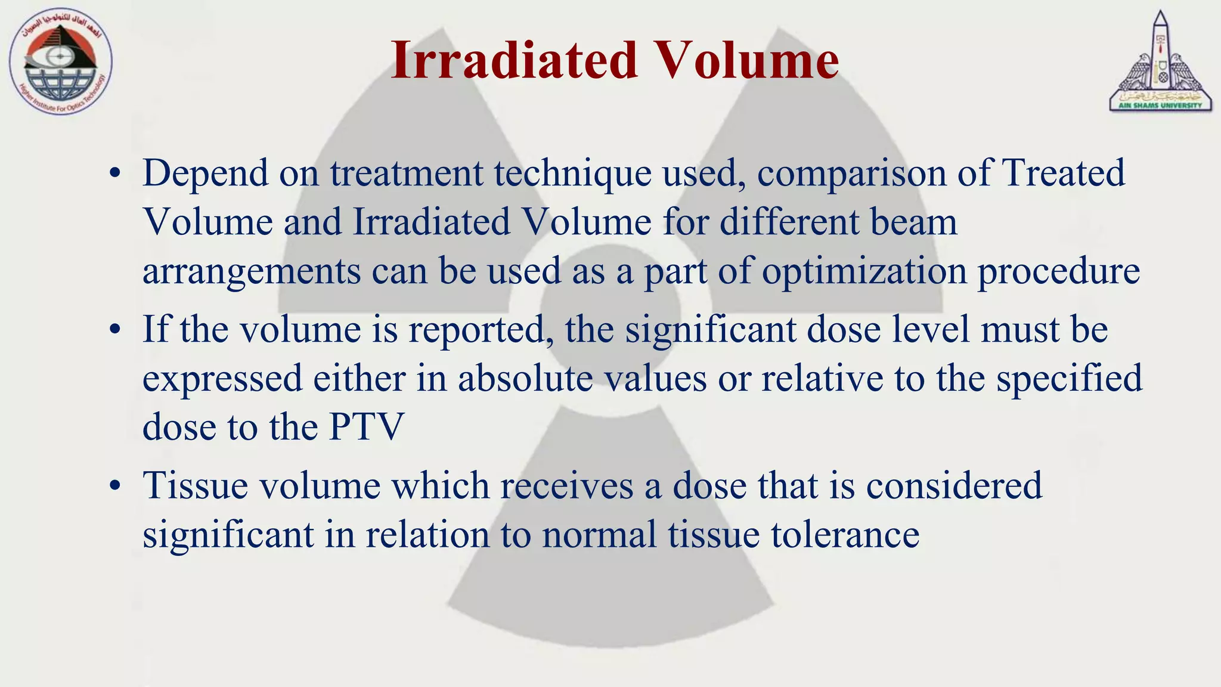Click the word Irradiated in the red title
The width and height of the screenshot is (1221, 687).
514,60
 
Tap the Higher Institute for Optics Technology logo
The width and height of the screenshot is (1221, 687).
60,63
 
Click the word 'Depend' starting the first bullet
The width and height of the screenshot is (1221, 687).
206,174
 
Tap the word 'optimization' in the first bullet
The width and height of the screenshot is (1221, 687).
864,271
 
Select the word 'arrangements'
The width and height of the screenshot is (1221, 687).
252,272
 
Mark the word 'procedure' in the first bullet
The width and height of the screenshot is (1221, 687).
1058,272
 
